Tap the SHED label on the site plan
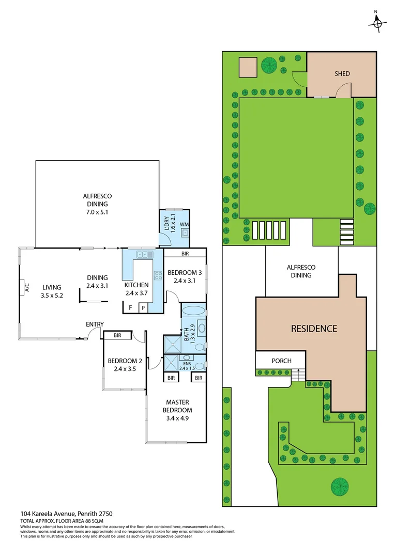click(x=342, y=73)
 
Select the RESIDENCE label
click(x=313, y=329)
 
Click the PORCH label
click(x=281, y=361)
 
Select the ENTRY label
click(x=95, y=324)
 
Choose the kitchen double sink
click(x=143, y=254)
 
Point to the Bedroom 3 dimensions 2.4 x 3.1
click(x=184, y=281)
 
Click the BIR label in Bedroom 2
click(x=117, y=335)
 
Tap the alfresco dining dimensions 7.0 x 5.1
click(x=97, y=212)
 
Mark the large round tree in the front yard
click(x=339, y=486)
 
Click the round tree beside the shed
click(x=268, y=66)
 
